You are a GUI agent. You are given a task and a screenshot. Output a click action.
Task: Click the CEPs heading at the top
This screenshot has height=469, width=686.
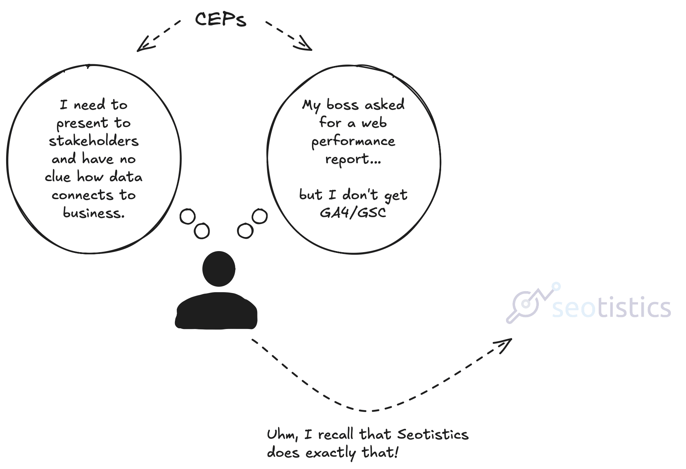tap(220, 19)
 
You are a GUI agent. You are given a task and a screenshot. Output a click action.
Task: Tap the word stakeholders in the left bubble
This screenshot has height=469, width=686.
tap(94, 141)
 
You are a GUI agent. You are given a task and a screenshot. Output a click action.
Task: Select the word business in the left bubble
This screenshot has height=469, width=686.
tap(93, 213)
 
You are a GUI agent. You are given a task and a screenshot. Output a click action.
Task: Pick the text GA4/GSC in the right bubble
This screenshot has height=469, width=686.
tap(353, 213)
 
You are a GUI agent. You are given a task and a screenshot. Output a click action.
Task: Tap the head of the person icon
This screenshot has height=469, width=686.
tap(219, 269)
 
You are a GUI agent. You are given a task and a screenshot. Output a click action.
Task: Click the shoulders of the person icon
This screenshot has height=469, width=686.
tap(216, 311)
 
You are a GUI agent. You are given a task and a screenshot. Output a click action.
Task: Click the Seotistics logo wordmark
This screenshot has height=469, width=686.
tap(611, 308)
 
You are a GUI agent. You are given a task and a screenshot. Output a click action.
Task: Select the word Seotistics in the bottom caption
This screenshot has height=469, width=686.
tap(432, 434)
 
